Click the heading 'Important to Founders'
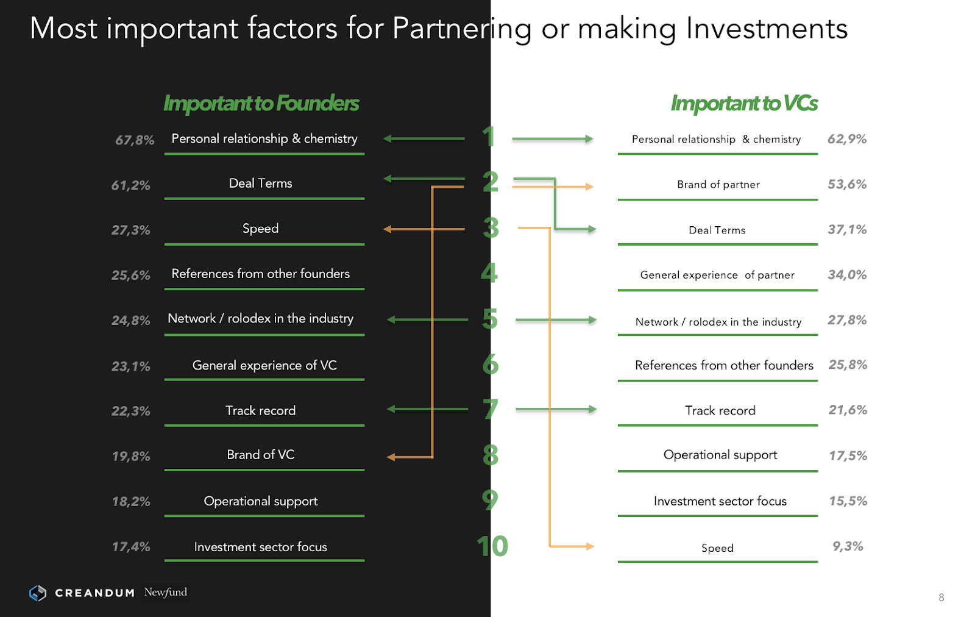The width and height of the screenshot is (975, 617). tap(261, 104)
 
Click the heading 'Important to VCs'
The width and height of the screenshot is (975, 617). tap(743, 104)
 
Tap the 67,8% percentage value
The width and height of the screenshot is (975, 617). tap(135, 140)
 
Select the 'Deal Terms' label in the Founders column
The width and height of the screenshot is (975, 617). tap(260, 184)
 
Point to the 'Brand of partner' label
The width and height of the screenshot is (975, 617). tap(718, 185)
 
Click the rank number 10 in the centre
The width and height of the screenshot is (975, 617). tap(492, 546)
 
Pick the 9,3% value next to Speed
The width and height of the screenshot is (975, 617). tap(848, 546)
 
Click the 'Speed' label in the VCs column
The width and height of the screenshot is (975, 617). tap(717, 548)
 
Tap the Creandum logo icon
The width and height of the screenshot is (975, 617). tap(38, 593)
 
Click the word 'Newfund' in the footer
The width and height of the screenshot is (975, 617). tap(165, 592)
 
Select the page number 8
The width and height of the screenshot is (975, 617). tap(941, 597)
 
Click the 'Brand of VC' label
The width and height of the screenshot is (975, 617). tap(260, 455)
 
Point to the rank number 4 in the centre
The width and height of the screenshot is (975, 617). tap(489, 273)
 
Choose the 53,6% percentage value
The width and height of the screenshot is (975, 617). tap(846, 184)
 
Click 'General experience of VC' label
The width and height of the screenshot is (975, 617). tap(264, 365)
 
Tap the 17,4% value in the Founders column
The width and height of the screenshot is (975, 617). tap(130, 547)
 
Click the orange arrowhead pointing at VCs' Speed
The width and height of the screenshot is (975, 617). tap(589, 546)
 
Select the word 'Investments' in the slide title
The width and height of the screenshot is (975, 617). tap(767, 29)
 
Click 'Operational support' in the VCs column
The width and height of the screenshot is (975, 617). tap(720, 455)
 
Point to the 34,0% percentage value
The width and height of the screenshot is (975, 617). tap(846, 275)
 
